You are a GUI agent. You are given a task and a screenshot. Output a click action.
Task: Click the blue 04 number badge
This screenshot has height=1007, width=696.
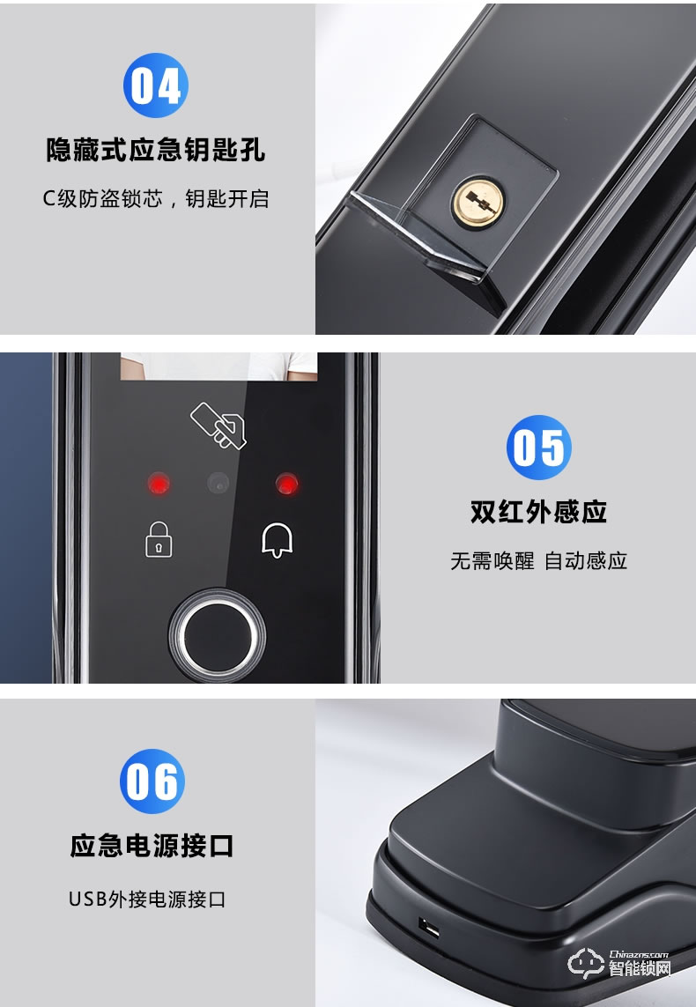coord(155,85)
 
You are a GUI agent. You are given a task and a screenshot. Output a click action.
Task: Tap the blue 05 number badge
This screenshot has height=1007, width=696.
coord(538,448)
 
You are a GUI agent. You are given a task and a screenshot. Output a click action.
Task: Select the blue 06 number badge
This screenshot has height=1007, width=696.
coord(152,781)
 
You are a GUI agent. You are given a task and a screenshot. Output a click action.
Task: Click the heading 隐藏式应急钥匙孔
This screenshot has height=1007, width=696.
coord(155,151)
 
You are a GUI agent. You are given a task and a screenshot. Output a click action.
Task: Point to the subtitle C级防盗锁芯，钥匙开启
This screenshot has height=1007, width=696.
coord(155,198)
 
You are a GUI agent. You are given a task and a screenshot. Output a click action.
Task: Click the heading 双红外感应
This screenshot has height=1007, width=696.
coord(538,513)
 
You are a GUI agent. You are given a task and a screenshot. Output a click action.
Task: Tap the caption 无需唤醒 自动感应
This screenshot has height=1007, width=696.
coord(538,561)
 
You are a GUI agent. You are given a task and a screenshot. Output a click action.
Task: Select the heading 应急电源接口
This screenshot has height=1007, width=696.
coord(152,847)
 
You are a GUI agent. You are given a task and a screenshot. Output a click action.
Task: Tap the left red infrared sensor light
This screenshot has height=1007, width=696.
coord(159,483)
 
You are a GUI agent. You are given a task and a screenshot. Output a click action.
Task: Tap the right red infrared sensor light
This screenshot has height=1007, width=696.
coord(286,483)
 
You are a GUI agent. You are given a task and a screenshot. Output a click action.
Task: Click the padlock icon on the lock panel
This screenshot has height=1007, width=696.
coord(158,539)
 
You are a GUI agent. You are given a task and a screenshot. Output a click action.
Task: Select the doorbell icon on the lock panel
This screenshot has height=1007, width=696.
coord(277,539)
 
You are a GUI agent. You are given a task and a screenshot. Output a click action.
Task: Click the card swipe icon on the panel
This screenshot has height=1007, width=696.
coord(219,424)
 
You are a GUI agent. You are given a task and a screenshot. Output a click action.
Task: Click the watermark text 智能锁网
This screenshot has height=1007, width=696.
coord(640,969)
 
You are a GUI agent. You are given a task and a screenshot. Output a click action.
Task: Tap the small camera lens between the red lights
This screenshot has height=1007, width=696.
coord(218,483)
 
